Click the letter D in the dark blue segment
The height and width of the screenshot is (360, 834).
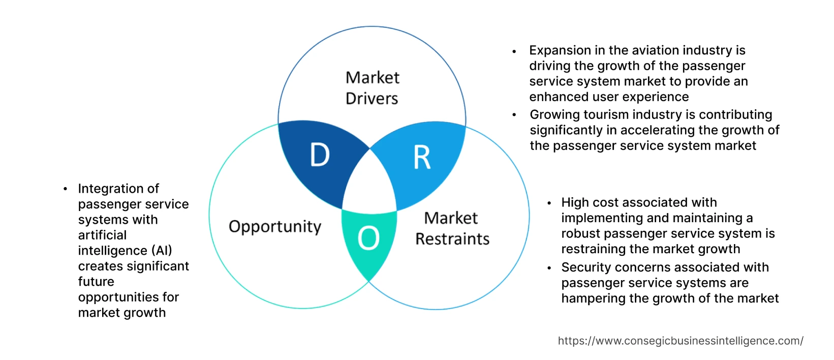[x=320, y=155]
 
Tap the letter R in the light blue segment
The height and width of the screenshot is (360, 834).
[x=422, y=158]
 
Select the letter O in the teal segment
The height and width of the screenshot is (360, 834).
[x=368, y=238]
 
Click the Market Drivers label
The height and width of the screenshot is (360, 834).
[x=372, y=88]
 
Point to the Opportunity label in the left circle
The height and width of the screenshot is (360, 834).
[x=275, y=227]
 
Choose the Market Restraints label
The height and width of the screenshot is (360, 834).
[x=452, y=228]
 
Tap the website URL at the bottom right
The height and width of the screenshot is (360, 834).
[x=681, y=341]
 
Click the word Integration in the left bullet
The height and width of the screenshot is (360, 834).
[x=118, y=189]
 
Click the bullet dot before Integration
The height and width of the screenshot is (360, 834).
[x=66, y=189]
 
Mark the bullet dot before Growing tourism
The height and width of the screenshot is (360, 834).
[x=514, y=115]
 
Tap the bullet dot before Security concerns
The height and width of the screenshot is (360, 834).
[x=549, y=268]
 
